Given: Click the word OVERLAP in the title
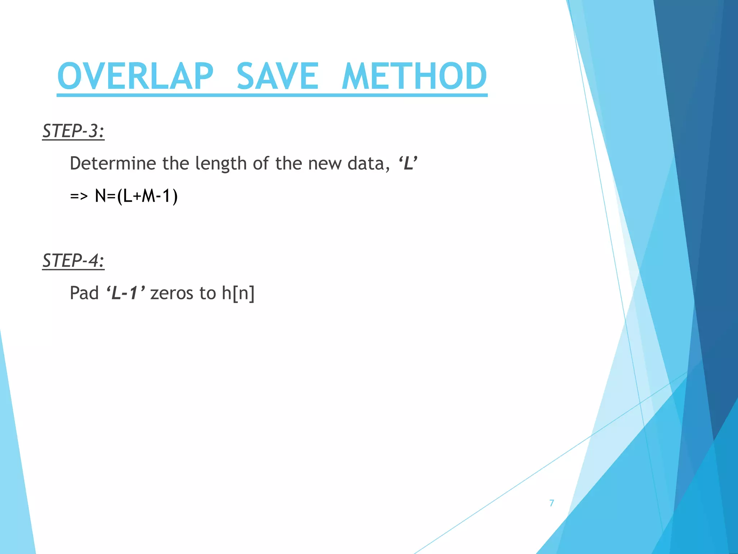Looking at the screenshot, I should pos(135,76).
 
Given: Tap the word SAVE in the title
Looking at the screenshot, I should pos(277,76).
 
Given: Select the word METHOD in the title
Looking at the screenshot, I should pos(414,76).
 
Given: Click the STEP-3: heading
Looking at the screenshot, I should pos(73,131).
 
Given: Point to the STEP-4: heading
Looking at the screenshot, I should pos(73,260).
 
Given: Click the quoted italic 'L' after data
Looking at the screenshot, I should pos(408,163).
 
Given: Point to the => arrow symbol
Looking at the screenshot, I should pos(79,196).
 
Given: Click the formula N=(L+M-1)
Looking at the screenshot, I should pos(136,196).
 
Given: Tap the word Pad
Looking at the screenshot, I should pos(84,293).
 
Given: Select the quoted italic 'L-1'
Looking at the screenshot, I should pos(125,293).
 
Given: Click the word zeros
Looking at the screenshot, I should pos(172,293).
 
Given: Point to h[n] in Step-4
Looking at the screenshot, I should pos(238,293).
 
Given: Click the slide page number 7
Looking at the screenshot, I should pos(551,503).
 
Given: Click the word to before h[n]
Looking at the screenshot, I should pos(208,293).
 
